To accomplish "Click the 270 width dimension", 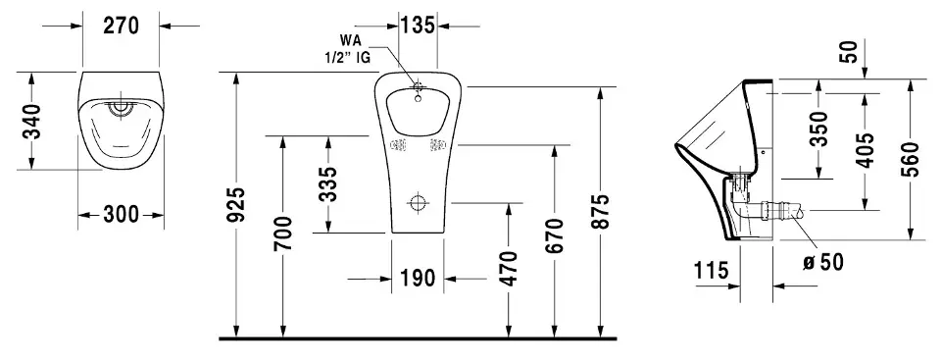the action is click(121, 26).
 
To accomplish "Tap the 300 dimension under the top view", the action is click(121, 214).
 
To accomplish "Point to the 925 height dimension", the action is click(237, 205).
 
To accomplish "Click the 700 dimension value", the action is click(284, 233).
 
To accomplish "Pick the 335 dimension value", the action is click(329, 183).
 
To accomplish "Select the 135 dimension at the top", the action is click(418, 26).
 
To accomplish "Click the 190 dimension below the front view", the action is click(418, 279).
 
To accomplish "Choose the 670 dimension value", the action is click(555, 235).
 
